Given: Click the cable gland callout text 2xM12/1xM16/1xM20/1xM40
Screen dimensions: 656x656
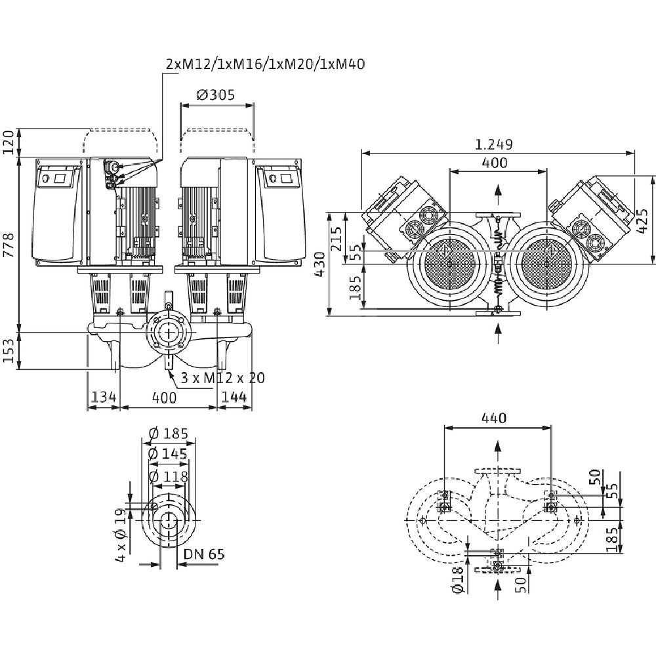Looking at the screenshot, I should [265, 64].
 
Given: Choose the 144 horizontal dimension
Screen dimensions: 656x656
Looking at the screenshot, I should [234, 398].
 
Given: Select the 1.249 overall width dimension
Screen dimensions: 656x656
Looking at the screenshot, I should [495, 144].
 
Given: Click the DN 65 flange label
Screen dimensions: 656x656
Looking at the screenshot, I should [203, 555].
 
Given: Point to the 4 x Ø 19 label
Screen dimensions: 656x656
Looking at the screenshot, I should [121, 537].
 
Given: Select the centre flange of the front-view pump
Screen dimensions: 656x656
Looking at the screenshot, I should [168, 331].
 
